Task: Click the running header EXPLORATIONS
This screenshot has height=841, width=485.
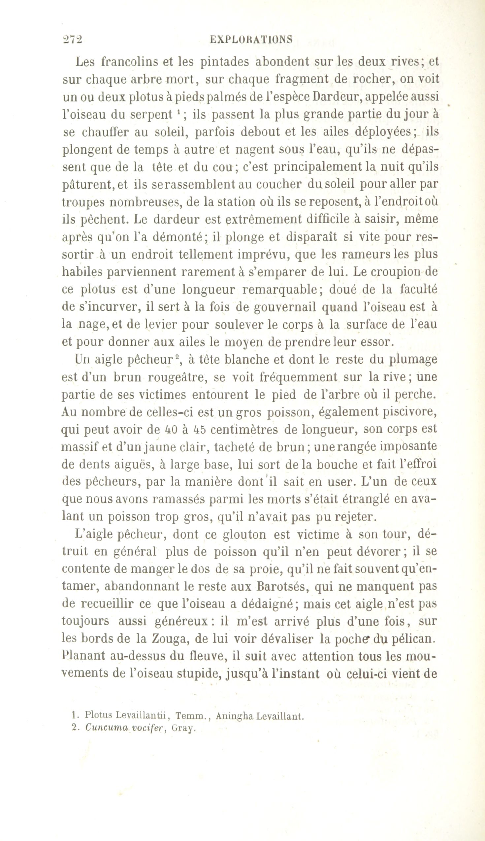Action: click(x=251, y=40)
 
